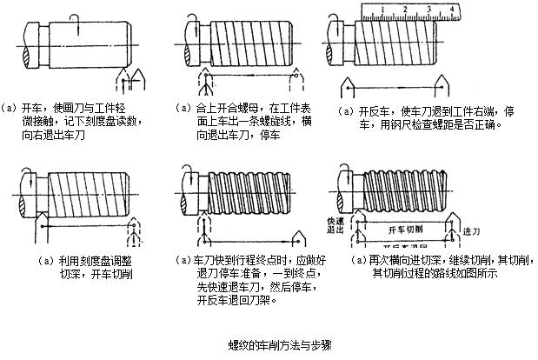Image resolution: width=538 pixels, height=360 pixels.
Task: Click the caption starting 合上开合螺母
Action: (239, 123)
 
